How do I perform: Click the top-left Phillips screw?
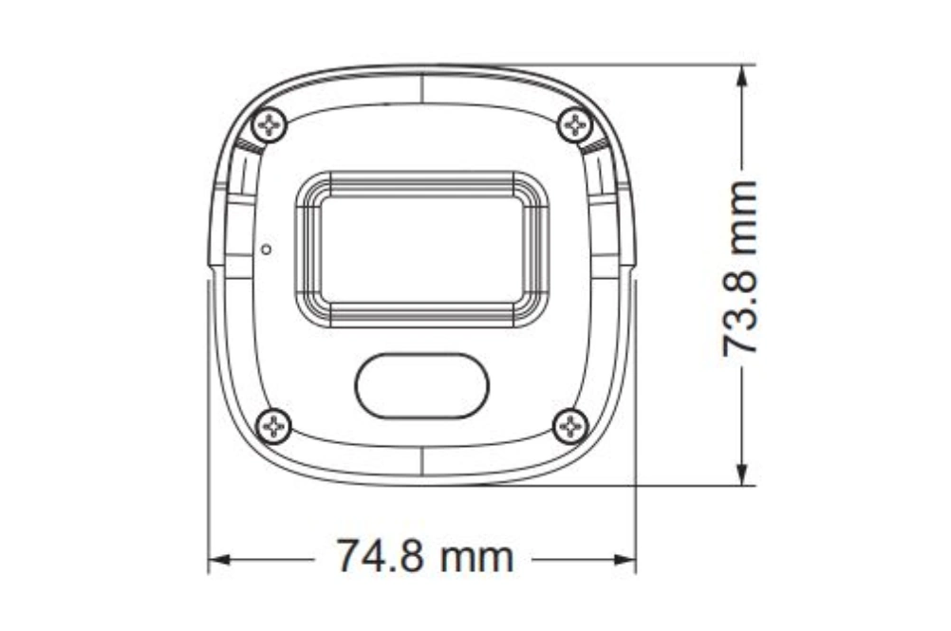(x=270, y=125)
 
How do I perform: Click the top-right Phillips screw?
(x=574, y=125)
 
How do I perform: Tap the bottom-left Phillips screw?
(x=274, y=426)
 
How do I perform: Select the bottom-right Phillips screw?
(x=570, y=426)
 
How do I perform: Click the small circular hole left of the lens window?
(x=266, y=250)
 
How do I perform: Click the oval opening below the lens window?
(x=422, y=386)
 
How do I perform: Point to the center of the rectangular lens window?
(x=422, y=250)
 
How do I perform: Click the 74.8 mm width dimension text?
(x=424, y=556)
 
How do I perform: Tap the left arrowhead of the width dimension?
(x=219, y=560)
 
